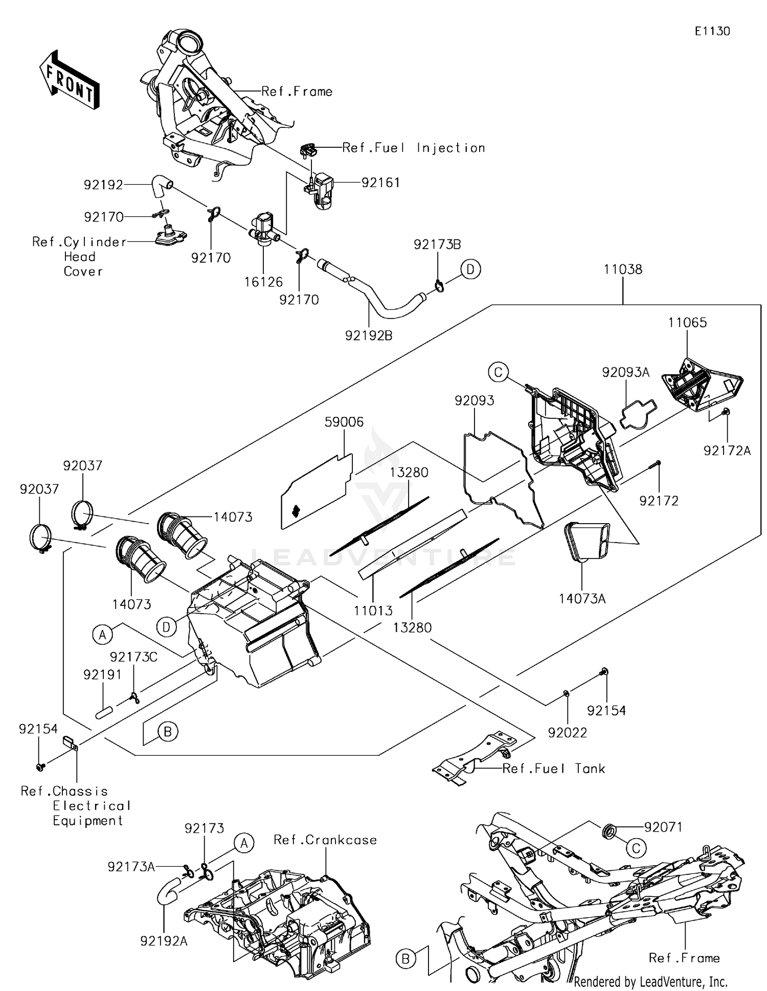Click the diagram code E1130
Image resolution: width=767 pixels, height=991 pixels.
pyautogui.click(x=712, y=31)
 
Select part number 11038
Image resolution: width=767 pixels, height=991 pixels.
pyautogui.click(x=622, y=269)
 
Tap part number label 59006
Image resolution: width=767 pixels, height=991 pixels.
pyautogui.click(x=344, y=422)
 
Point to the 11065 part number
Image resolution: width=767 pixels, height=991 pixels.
pyautogui.click(x=687, y=322)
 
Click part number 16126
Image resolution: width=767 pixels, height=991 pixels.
pyautogui.click(x=263, y=282)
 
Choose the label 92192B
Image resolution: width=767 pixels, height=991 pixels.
pyautogui.click(x=369, y=335)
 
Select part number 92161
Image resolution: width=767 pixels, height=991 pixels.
pyautogui.click(x=380, y=183)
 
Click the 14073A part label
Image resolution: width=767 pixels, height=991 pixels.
pyautogui.click(x=582, y=598)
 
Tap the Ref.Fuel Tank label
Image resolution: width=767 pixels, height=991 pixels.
pyautogui.click(x=553, y=769)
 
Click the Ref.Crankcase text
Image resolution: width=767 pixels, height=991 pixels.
pyautogui.click(x=325, y=840)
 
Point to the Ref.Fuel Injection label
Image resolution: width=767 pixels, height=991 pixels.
pyautogui.click(x=413, y=148)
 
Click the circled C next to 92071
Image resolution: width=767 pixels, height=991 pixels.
pyautogui.click(x=636, y=849)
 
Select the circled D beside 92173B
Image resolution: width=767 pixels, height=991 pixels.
pyautogui.click(x=470, y=269)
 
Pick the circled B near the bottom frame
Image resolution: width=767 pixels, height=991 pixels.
pyautogui.click(x=405, y=959)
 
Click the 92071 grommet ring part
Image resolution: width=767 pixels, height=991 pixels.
pyautogui.click(x=610, y=831)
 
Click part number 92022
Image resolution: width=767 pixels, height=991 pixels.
pyautogui.click(x=567, y=733)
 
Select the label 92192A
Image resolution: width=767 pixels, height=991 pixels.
pyautogui.click(x=164, y=940)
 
